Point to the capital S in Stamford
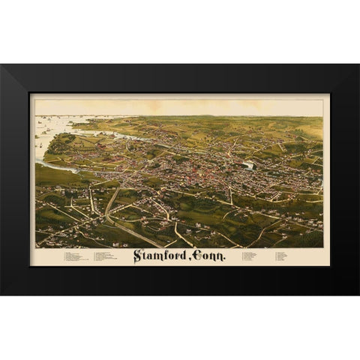pyautogui.click(x=138, y=256)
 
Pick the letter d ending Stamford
pyautogui.click(x=184, y=256)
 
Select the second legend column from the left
pyautogui.click(x=109, y=257)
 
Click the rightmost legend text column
pyautogui.click(x=282, y=256)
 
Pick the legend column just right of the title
pyautogui.click(x=251, y=256)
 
